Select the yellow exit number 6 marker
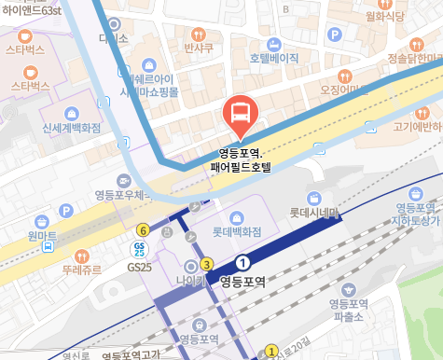pos(143,229)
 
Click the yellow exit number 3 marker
pos(206,265)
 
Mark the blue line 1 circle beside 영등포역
pos(243,262)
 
